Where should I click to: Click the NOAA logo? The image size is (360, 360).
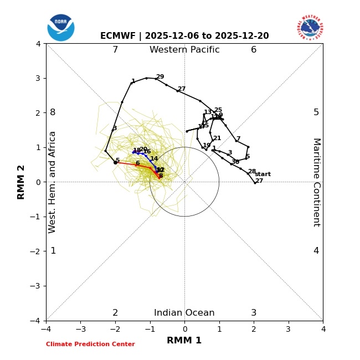61,28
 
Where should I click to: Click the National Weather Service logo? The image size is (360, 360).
310,28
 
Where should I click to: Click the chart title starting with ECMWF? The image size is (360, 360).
184,36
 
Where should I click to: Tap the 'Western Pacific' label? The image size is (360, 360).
184,50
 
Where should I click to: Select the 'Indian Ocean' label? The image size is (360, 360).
184,313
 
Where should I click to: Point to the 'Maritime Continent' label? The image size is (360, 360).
316,182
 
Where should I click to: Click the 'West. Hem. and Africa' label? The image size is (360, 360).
53,182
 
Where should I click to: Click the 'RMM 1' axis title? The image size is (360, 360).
184,341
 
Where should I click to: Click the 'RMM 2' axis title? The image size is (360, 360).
22,182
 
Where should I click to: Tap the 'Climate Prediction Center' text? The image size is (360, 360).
90,344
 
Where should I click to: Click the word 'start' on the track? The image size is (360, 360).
263,174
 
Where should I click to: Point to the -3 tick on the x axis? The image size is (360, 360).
80,329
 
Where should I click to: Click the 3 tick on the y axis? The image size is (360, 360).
38,78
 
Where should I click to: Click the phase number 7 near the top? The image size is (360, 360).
115,50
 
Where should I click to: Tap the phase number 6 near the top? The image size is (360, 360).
254,50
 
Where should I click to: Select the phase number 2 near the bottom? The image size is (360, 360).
115,313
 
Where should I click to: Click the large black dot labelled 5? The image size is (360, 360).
115,162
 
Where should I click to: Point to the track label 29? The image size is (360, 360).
160,77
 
